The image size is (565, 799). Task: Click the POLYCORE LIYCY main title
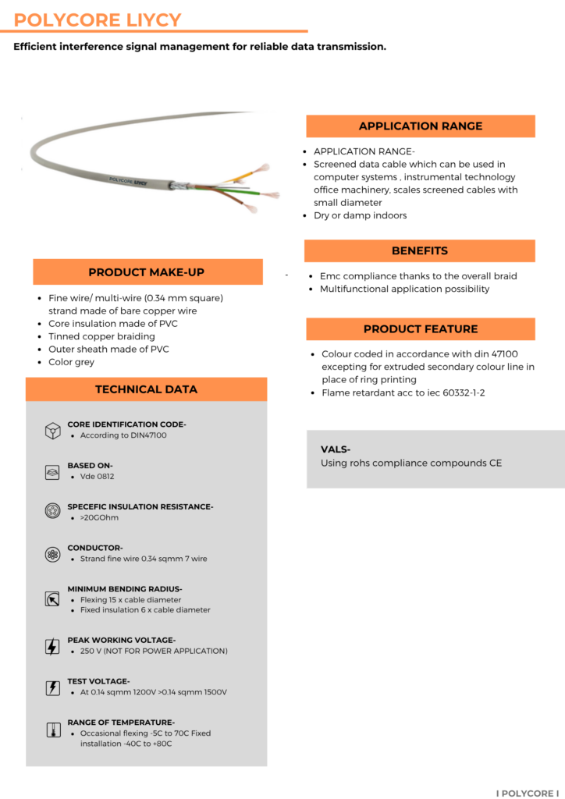click(x=98, y=20)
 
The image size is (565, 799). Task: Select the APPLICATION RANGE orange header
click(x=420, y=126)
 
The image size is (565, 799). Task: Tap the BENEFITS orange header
click(x=420, y=250)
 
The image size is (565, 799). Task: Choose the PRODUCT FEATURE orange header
click(x=420, y=329)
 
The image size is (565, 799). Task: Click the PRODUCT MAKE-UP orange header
click(x=147, y=272)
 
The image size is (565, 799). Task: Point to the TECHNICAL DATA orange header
click(x=146, y=389)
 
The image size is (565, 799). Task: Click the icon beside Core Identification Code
click(x=52, y=431)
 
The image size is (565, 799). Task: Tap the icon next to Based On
click(x=52, y=471)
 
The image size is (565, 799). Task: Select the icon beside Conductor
click(x=52, y=554)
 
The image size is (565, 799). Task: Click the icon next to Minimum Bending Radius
click(x=52, y=599)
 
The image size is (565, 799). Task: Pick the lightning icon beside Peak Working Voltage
click(x=52, y=646)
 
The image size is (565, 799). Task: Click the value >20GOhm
click(x=99, y=517)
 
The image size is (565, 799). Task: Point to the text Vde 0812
click(x=97, y=476)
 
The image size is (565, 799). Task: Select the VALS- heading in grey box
click(x=336, y=449)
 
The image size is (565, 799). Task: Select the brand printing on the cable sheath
click(x=129, y=179)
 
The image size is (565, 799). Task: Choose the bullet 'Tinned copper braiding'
click(x=101, y=336)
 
